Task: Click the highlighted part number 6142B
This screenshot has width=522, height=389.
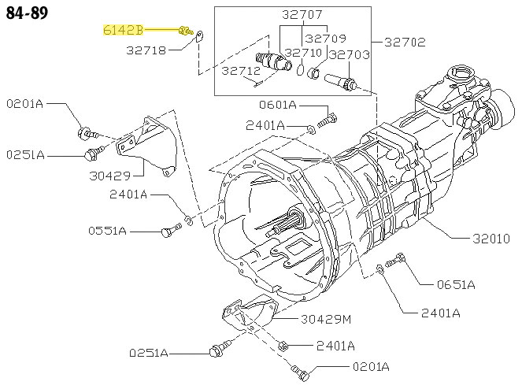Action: coord(123,31)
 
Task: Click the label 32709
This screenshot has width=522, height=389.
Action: coord(326,38)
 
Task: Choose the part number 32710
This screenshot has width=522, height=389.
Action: coord(305,53)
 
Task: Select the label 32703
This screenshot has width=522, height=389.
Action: coord(349,54)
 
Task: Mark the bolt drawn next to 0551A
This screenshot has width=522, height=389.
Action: coord(169,230)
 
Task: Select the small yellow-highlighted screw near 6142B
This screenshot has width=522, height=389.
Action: coord(186,31)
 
